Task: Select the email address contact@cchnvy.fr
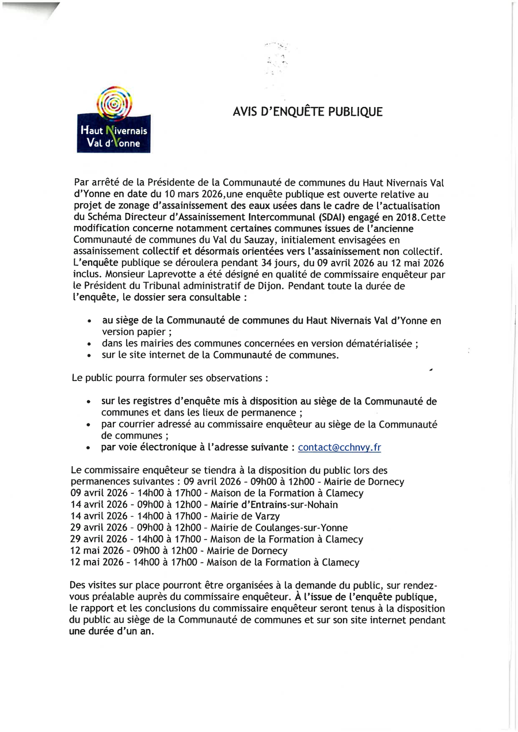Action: click(339, 447)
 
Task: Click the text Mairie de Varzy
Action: click(245, 516)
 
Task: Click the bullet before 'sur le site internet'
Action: click(89, 356)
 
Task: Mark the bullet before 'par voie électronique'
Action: click(89, 448)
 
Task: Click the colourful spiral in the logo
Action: click(114, 102)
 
